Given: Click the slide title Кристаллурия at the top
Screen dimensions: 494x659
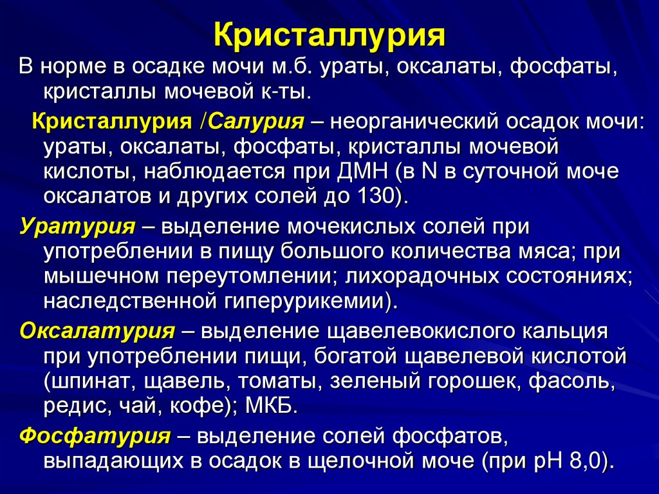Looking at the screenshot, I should click(x=329, y=36).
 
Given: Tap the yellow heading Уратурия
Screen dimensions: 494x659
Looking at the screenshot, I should click(x=77, y=227).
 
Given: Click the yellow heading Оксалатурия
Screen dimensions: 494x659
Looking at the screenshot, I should click(x=97, y=331).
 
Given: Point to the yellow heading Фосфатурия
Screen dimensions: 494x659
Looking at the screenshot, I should click(x=95, y=436).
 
